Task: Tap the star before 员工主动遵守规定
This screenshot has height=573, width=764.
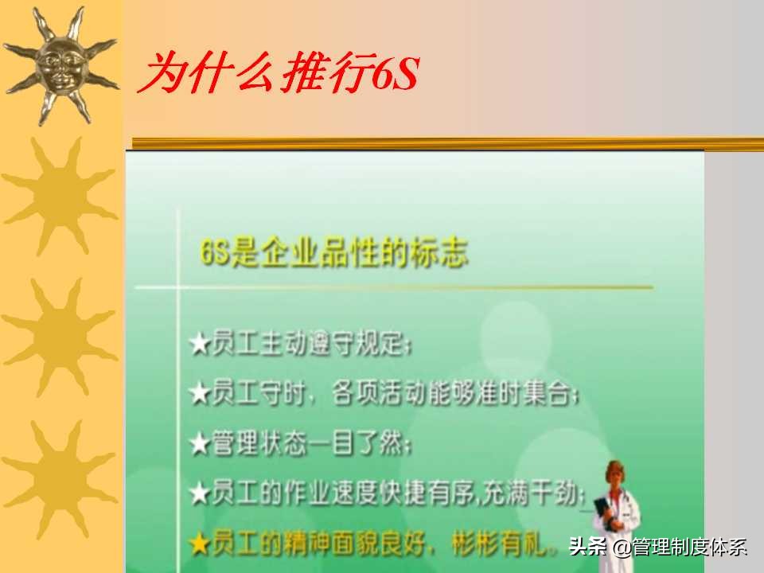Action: [199, 346]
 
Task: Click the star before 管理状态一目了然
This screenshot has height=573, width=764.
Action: [199, 444]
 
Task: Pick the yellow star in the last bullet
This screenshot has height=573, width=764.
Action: [199, 544]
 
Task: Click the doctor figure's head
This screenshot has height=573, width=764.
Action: [614, 475]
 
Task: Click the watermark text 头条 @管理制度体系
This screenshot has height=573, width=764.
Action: [658, 548]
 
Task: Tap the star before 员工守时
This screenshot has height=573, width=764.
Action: [199, 394]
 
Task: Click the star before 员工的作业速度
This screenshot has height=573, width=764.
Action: [199, 493]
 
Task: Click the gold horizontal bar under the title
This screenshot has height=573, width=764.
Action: [446, 143]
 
